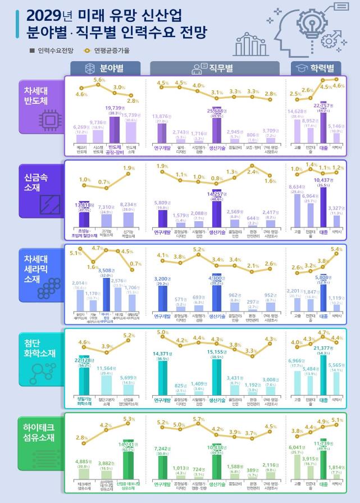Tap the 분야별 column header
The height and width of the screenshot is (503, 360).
coord(105,68)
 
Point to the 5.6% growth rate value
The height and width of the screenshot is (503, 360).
coord(99,80)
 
